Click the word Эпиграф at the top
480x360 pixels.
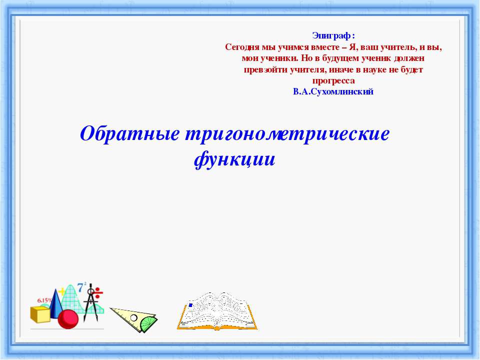[332, 35]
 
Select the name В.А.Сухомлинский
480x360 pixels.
[333, 92]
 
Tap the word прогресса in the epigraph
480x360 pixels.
[333, 80]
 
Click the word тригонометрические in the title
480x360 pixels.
[287, 134]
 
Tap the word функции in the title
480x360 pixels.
[234, 159]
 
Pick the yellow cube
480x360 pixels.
[40, 314]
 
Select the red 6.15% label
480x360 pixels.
[44, 300]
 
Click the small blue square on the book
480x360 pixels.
[190, 305]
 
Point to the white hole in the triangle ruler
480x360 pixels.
[133, 318]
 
